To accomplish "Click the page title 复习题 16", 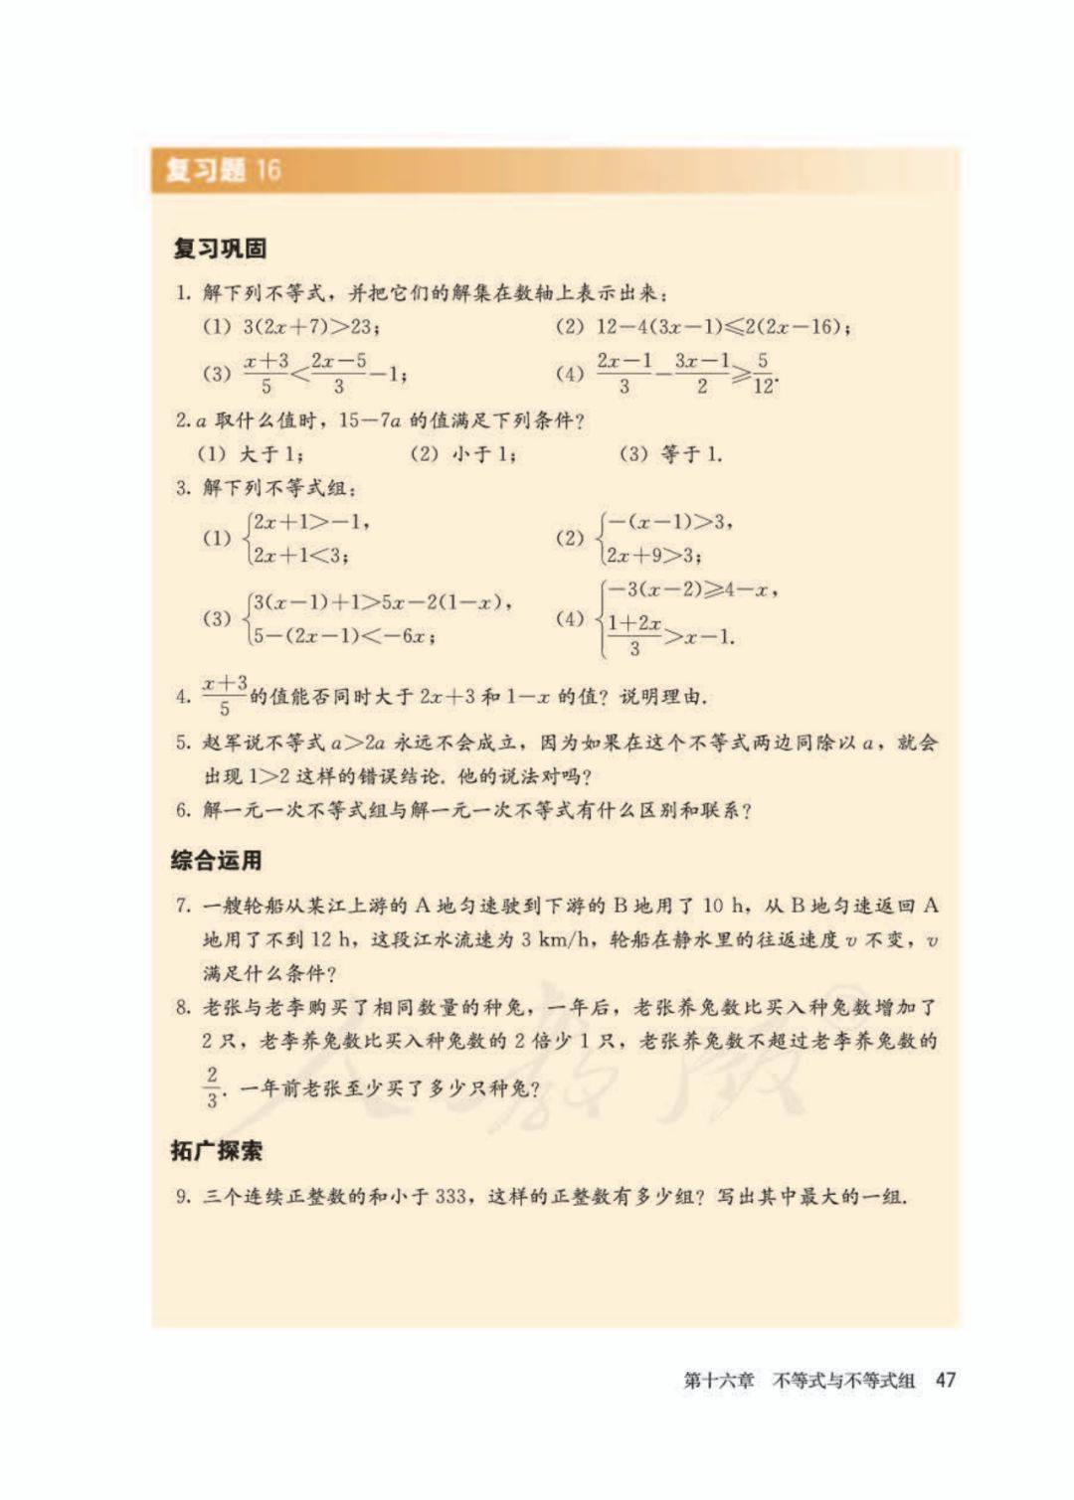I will point(223,170).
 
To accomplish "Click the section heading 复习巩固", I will point(220,249).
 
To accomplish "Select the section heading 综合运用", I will point(216,861).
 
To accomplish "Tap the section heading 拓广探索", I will point(216,1151).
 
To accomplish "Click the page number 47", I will point(945,1380).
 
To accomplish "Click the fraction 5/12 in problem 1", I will point(763,373).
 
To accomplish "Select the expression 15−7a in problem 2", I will point(369,420).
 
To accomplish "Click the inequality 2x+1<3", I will point(299,555).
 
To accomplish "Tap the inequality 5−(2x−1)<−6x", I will point(343,635).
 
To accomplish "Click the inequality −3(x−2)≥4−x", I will point(691,589).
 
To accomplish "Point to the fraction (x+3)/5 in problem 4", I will point(225,695).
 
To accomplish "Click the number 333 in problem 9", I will point(449,1196).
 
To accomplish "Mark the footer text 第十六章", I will point(718,1380).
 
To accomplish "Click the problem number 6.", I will point(183,810).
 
